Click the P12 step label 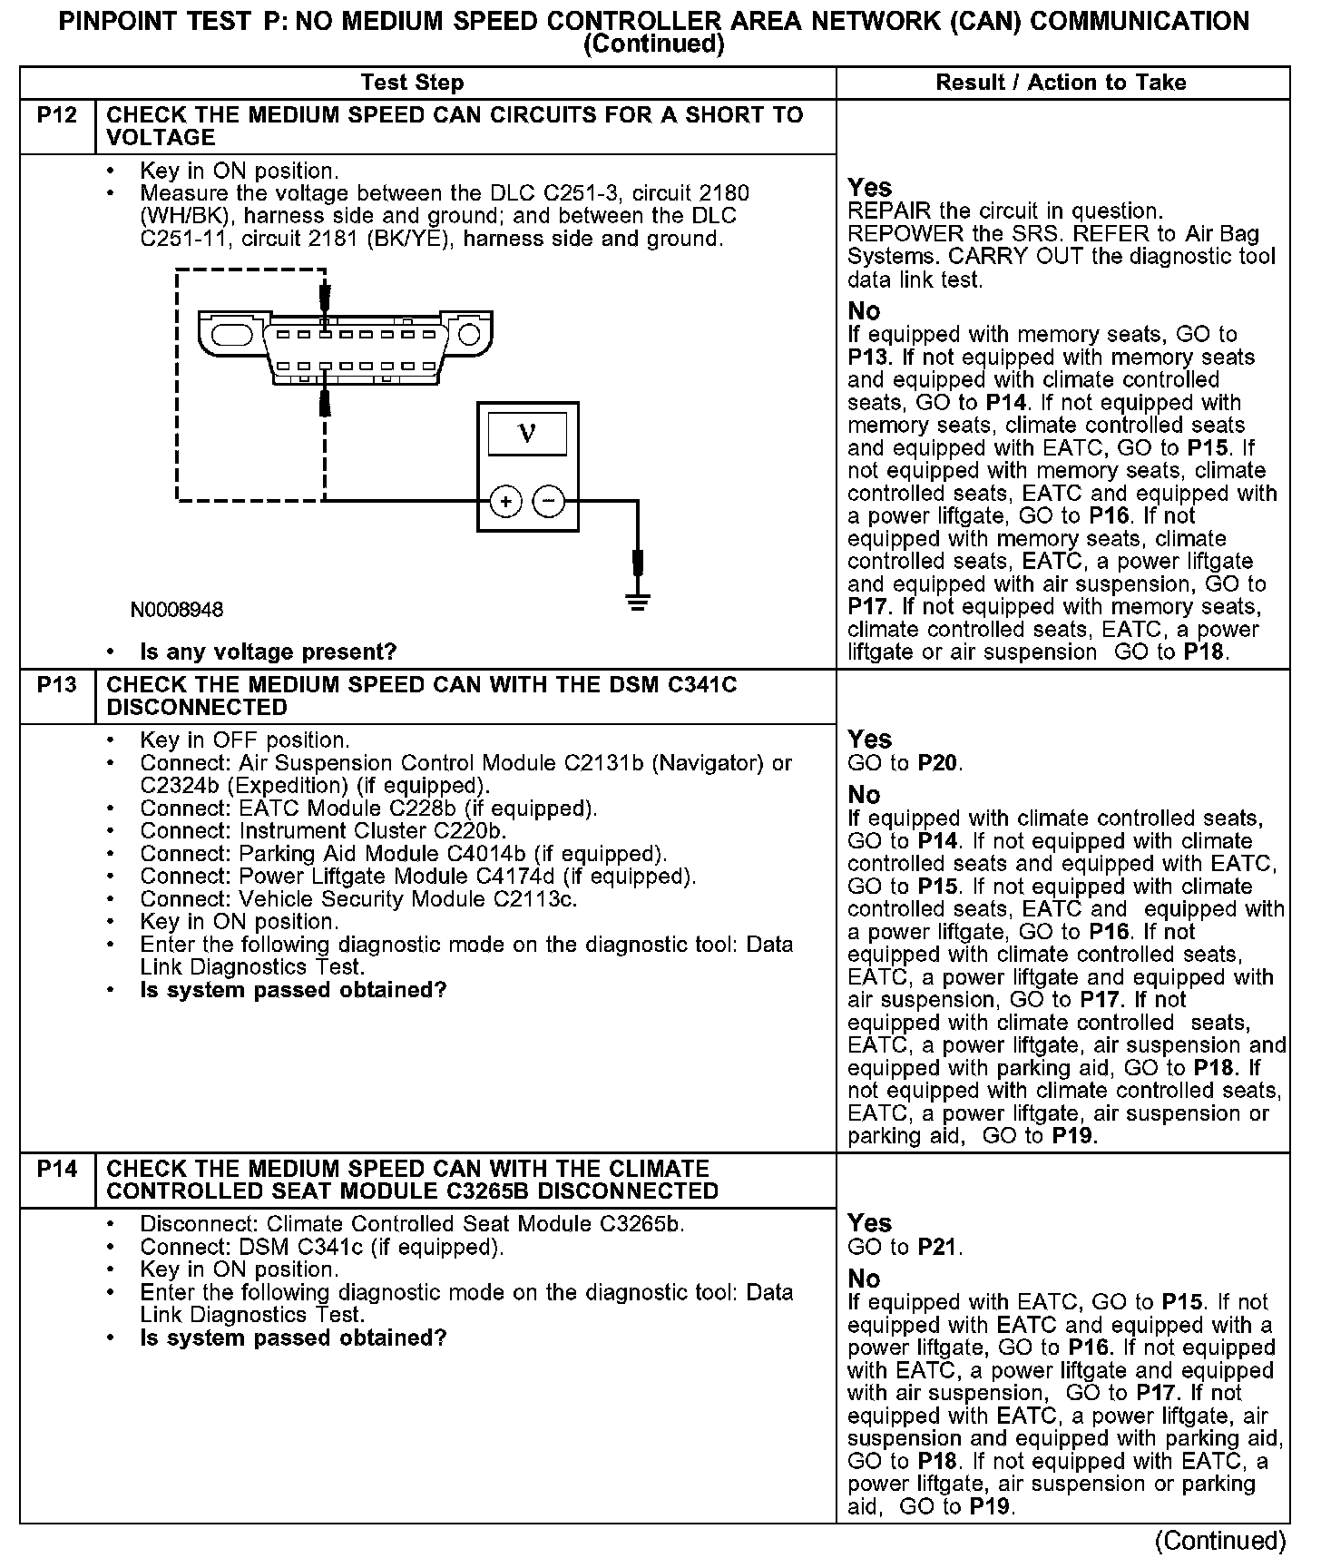pos(57,115)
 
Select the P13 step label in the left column pos(57,685)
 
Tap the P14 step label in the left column pos(57,1169)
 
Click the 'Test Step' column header pos(412,83)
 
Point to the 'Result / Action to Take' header pos(1061,83)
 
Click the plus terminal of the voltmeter pos(506,501)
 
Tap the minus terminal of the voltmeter pos(548,501)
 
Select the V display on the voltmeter pos(527,434)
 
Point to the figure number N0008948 pos(177,610)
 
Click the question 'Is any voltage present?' pos(269,652)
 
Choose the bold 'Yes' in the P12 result pos(869,188)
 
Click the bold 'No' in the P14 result pos(864,1279)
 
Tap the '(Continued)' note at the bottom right pos(1219,1541)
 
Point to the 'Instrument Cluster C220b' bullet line pos(322,831)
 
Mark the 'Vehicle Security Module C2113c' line pos(358,899)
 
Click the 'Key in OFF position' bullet pos(244,740)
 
